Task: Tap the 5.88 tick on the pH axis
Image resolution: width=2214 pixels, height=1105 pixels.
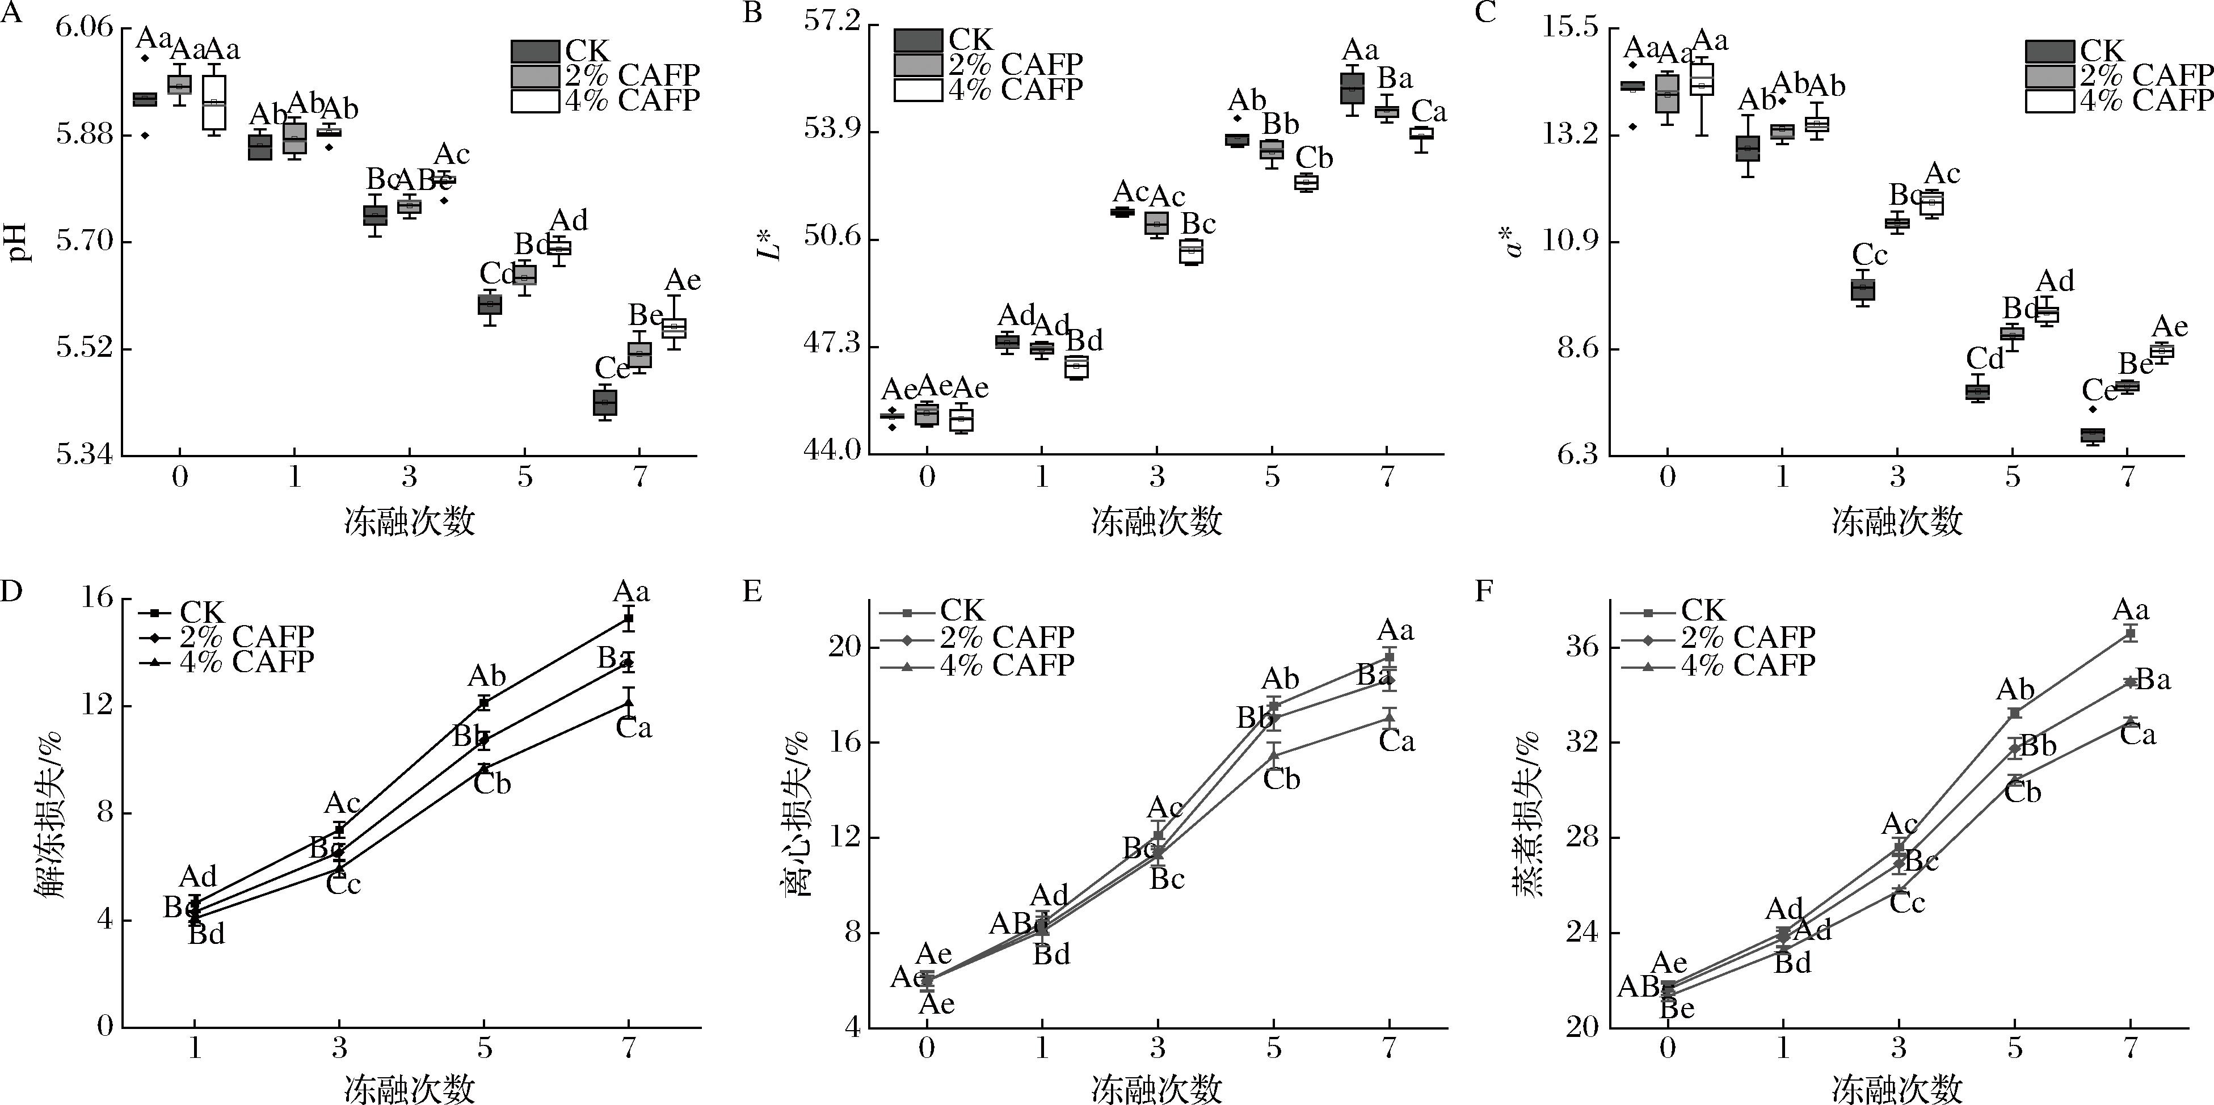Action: point(84,135)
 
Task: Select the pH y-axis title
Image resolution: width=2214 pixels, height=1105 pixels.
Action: point(19,242)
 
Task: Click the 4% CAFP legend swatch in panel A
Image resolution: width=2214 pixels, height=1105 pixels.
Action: point(534,100)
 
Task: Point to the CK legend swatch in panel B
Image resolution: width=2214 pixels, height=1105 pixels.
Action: point(918,40)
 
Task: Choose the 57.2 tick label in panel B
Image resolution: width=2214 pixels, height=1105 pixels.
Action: point(831,23)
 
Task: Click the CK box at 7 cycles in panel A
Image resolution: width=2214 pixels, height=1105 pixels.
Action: point(604,402)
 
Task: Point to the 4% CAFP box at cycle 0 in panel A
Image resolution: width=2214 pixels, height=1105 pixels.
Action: point(214,102)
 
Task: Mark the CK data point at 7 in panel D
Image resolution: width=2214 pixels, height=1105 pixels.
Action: point(629,618)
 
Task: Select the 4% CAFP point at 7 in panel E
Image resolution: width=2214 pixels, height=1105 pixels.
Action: point(1389,716)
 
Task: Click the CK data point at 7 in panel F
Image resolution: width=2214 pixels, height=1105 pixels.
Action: point(2131,633)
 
